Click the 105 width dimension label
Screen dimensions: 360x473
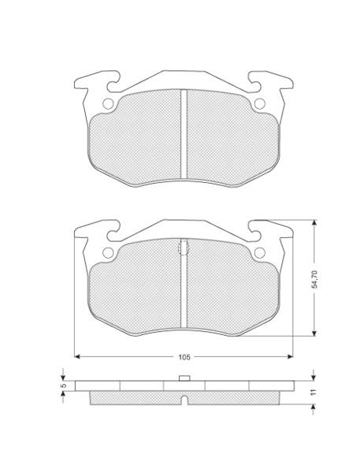point(184,357)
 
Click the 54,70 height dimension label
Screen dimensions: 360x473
point(314,279)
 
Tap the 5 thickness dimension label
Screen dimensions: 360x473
point(63,385)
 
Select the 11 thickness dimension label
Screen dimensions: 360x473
point(314,392)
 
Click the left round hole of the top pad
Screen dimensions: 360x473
point(108,104)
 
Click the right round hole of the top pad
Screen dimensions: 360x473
point(260,104)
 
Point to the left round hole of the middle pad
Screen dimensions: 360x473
point(108,253)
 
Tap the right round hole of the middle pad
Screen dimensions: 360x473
point(260,253)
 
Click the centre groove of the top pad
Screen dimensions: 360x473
point(184,134)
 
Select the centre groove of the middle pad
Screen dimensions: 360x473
point(184,289)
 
